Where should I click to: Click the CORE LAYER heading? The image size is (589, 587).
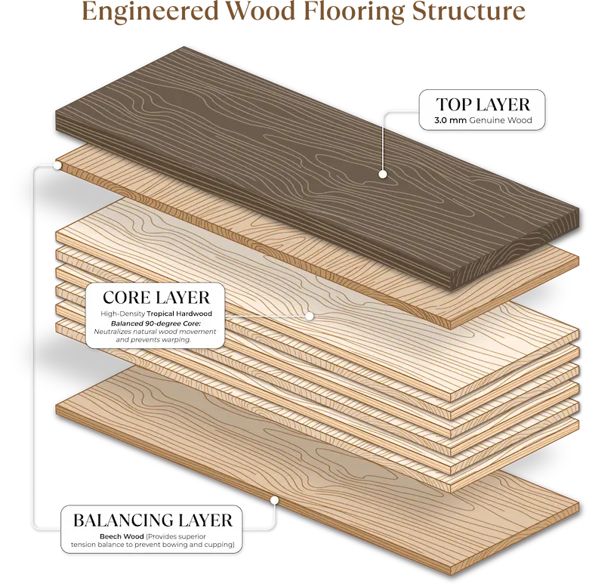[x=156, y=295]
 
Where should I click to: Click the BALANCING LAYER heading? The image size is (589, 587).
[x=152, y=520]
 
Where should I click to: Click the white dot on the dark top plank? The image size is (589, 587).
[x=383, y=174]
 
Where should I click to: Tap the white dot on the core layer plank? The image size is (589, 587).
[x=310, y=316]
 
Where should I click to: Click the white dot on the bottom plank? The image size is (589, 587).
[x=275, y=499]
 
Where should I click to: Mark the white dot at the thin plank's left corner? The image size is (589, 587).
[x=57, y=164]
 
